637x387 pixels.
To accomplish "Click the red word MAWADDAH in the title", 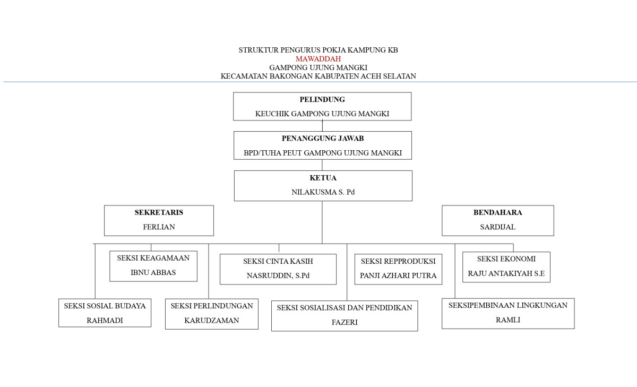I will [318, 59].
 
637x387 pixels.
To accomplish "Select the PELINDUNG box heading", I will [322, 99].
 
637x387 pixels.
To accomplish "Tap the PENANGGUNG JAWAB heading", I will [322, 139].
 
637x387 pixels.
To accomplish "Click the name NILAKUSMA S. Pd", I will [323, 192].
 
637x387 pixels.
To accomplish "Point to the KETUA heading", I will [323, 178].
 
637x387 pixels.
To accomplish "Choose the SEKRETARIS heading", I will [159, 212].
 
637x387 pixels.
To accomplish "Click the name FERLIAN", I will [159, 227].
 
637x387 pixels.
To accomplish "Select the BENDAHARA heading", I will [497, 212].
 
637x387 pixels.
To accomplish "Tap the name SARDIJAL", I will [497, 227].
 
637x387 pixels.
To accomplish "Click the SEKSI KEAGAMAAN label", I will [153, 258].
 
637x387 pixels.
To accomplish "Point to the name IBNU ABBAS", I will [153, 273].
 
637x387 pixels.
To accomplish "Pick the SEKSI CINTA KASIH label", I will [278, 261].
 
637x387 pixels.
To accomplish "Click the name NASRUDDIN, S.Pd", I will [278, 276].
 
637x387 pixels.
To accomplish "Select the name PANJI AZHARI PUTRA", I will [398, 276].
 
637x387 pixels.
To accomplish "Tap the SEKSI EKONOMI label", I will [506, 259].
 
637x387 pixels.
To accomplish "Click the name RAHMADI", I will [105, 320].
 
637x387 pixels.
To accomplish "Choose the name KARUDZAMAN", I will [211, 320].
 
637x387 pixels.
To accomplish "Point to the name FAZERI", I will [344, 322].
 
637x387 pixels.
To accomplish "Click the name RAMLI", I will [507, 320].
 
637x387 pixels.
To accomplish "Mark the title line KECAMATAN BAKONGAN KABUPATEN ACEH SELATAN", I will [318, 76].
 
